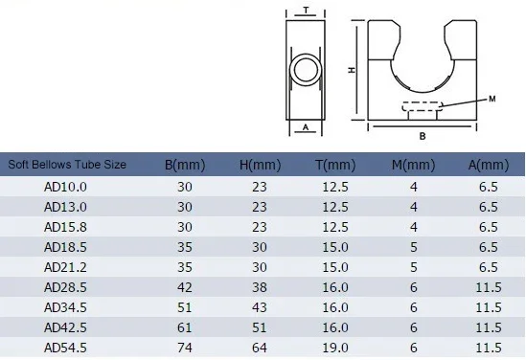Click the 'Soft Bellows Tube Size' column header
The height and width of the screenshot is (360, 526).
click(x=67, y=165)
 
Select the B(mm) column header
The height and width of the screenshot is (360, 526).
click(x=185, y=165)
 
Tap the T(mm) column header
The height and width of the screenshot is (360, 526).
click(x=335, y=165)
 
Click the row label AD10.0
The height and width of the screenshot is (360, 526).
click(x=65, y=187)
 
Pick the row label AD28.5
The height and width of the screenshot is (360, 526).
click(x=65, y=287)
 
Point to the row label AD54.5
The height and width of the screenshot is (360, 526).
click(x=65, y=348)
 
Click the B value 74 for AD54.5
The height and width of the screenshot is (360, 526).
click(x=185, y=348)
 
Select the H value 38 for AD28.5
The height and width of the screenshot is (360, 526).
click(x=260, y=287)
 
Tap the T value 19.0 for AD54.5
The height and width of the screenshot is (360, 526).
click(x=335, y=348)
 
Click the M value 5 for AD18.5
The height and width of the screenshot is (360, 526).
click(x=414, y=247)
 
